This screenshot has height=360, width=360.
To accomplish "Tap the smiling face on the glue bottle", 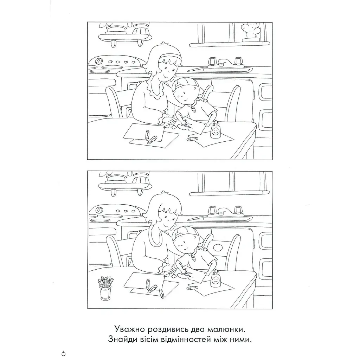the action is (215, 131).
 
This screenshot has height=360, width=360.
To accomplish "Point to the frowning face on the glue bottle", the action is (215, 280).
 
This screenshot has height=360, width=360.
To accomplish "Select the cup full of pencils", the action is (105, 288).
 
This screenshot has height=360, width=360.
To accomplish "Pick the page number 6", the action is (64, 353).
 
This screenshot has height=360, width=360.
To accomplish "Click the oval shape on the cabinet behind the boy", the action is (218, 247).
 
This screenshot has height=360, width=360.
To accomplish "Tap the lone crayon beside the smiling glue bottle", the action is (192, 139).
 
